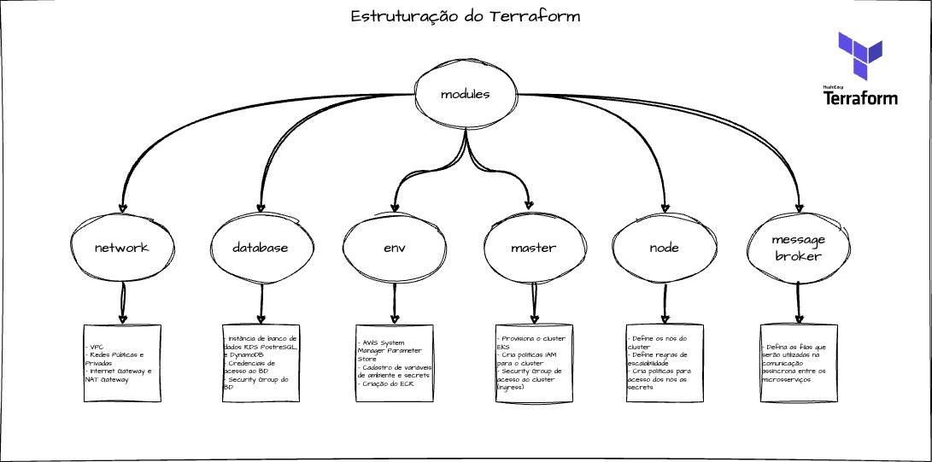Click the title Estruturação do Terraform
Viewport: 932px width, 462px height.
[466, 17]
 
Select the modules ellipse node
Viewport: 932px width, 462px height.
[465, 94]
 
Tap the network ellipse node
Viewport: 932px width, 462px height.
[121, 248]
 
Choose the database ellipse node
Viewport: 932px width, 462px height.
[260, 248]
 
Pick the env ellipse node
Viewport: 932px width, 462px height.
[395, 248]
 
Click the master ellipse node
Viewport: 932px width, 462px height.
[533, 248]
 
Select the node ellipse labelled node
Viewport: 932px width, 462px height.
[664, 248]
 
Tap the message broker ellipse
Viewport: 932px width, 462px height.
[798, 248]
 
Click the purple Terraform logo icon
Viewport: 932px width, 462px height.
[859, 56]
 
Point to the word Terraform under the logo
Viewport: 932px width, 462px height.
[860, 98]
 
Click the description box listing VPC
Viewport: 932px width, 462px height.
[122, 363]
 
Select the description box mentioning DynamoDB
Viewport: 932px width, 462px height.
[261, 363]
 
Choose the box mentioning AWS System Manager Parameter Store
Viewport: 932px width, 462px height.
[395, 363]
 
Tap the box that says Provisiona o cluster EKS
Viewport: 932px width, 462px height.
[533, 363]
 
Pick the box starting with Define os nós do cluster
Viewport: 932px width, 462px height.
[665, 363]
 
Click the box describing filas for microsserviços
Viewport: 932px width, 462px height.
[799, 363]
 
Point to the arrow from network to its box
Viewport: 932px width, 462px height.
[122, 303]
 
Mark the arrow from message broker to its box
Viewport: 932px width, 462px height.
[799, 303]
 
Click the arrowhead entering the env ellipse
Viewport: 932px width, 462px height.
[395, 207]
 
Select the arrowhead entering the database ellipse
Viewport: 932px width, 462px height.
[261, 208]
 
